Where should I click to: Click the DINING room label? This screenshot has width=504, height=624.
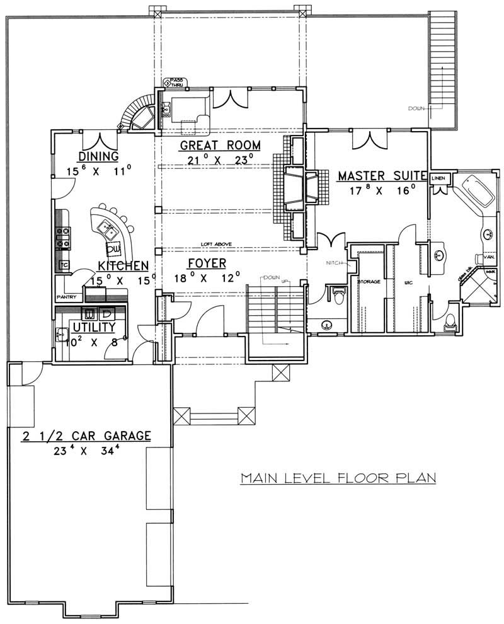[x=100, y=156]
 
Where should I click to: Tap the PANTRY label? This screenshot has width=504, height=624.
[x=67, y=296]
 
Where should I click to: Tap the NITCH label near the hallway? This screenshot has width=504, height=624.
[x=333, y=262]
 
